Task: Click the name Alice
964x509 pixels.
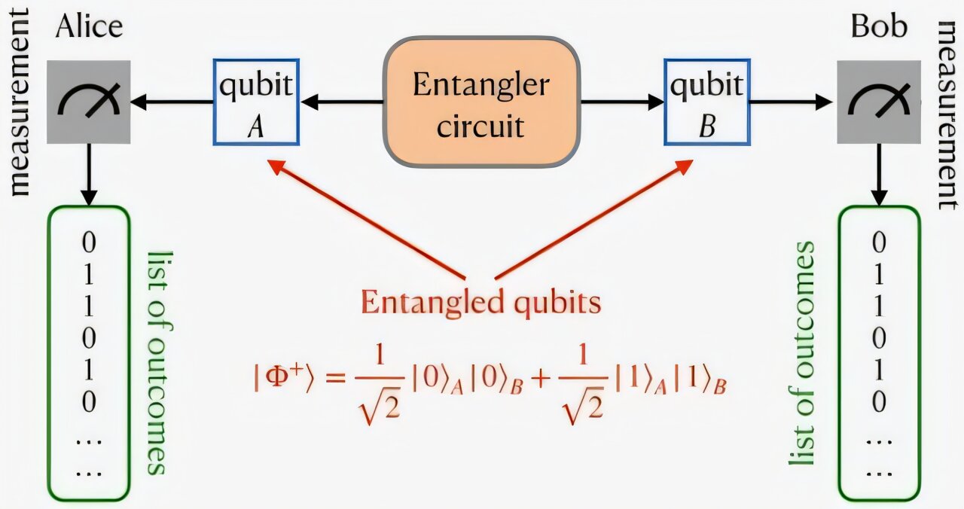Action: point(88,28)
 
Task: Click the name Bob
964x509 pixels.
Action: point(879,28)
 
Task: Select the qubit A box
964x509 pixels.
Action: point(255,102)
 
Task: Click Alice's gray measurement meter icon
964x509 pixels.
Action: point(88,102)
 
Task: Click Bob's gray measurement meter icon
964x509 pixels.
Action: point(878,102)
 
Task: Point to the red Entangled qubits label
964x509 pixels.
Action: point(480,303)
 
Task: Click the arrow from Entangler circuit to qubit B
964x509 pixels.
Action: point(621,102)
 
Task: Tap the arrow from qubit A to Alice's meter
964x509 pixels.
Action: point(172,102)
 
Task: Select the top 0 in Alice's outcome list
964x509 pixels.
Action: point(89,242)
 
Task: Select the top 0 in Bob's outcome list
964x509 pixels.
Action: point(878,242)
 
